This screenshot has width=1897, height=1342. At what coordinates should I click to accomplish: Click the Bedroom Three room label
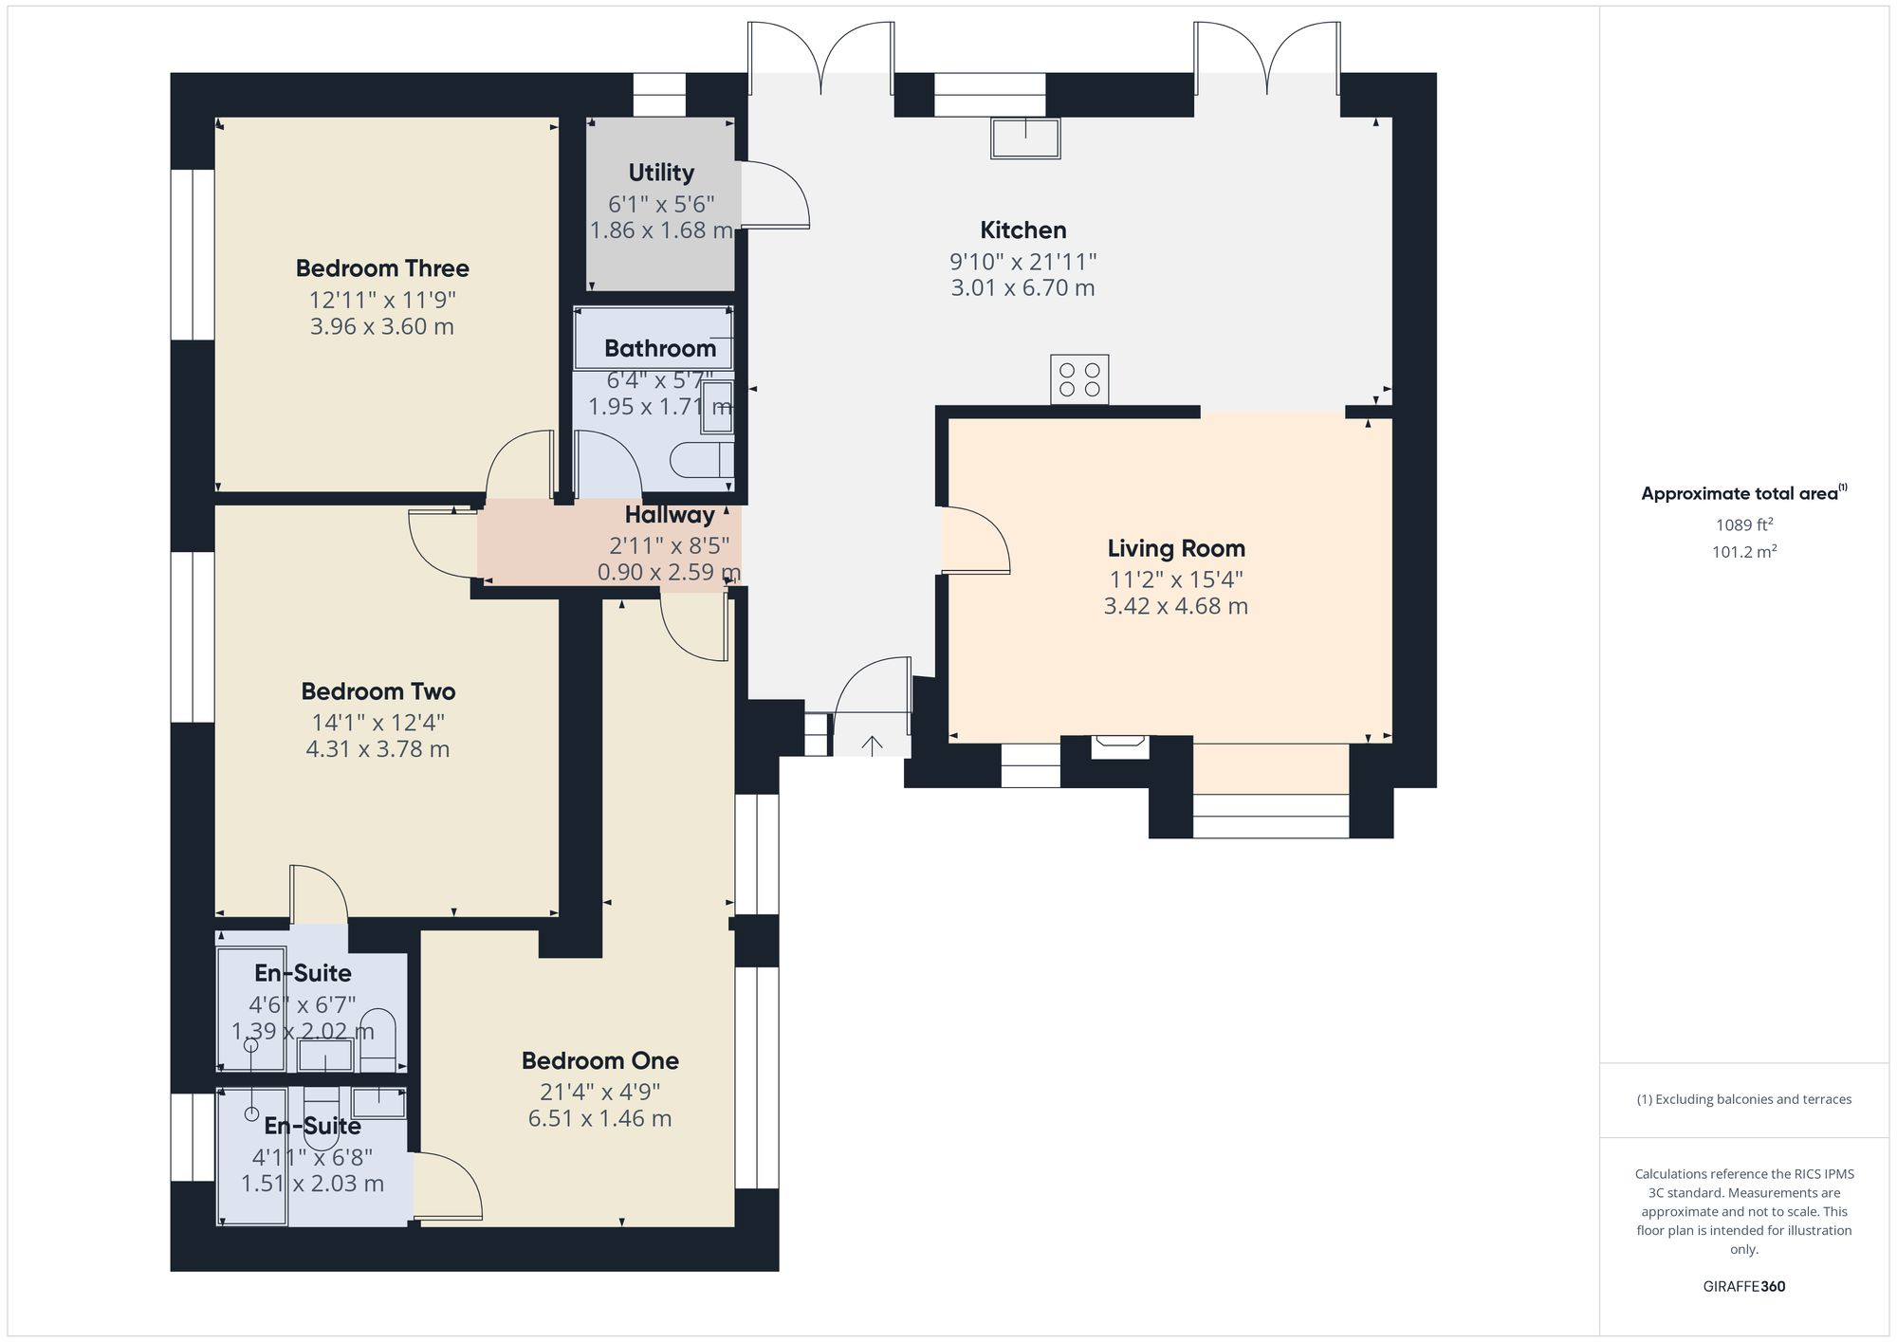382,268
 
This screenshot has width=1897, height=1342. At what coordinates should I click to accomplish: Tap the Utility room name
661,173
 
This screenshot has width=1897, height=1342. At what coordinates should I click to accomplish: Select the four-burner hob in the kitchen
1079,379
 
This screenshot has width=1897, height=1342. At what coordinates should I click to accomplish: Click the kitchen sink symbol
1025,138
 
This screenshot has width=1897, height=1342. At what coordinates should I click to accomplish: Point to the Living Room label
1176,548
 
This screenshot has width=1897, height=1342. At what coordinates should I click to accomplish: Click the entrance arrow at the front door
872,746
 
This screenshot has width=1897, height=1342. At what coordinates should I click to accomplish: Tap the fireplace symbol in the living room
1119,745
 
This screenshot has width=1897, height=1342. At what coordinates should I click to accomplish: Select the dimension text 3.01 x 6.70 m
1022,288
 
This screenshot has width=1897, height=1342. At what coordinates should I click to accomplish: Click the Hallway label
670,515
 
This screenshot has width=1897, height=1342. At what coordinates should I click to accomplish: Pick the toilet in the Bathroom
702,461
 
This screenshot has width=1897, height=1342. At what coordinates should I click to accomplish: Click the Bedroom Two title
378,691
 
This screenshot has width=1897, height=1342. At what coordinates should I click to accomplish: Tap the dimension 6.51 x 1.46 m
599,1119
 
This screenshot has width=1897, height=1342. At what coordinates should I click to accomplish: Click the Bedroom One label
599,1060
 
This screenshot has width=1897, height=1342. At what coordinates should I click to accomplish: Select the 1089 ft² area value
1743,524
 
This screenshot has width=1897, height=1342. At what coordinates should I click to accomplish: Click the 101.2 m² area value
1743,552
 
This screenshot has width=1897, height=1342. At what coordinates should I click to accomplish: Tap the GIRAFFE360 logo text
1743,1287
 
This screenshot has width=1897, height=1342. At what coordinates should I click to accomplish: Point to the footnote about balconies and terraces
1743,1099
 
